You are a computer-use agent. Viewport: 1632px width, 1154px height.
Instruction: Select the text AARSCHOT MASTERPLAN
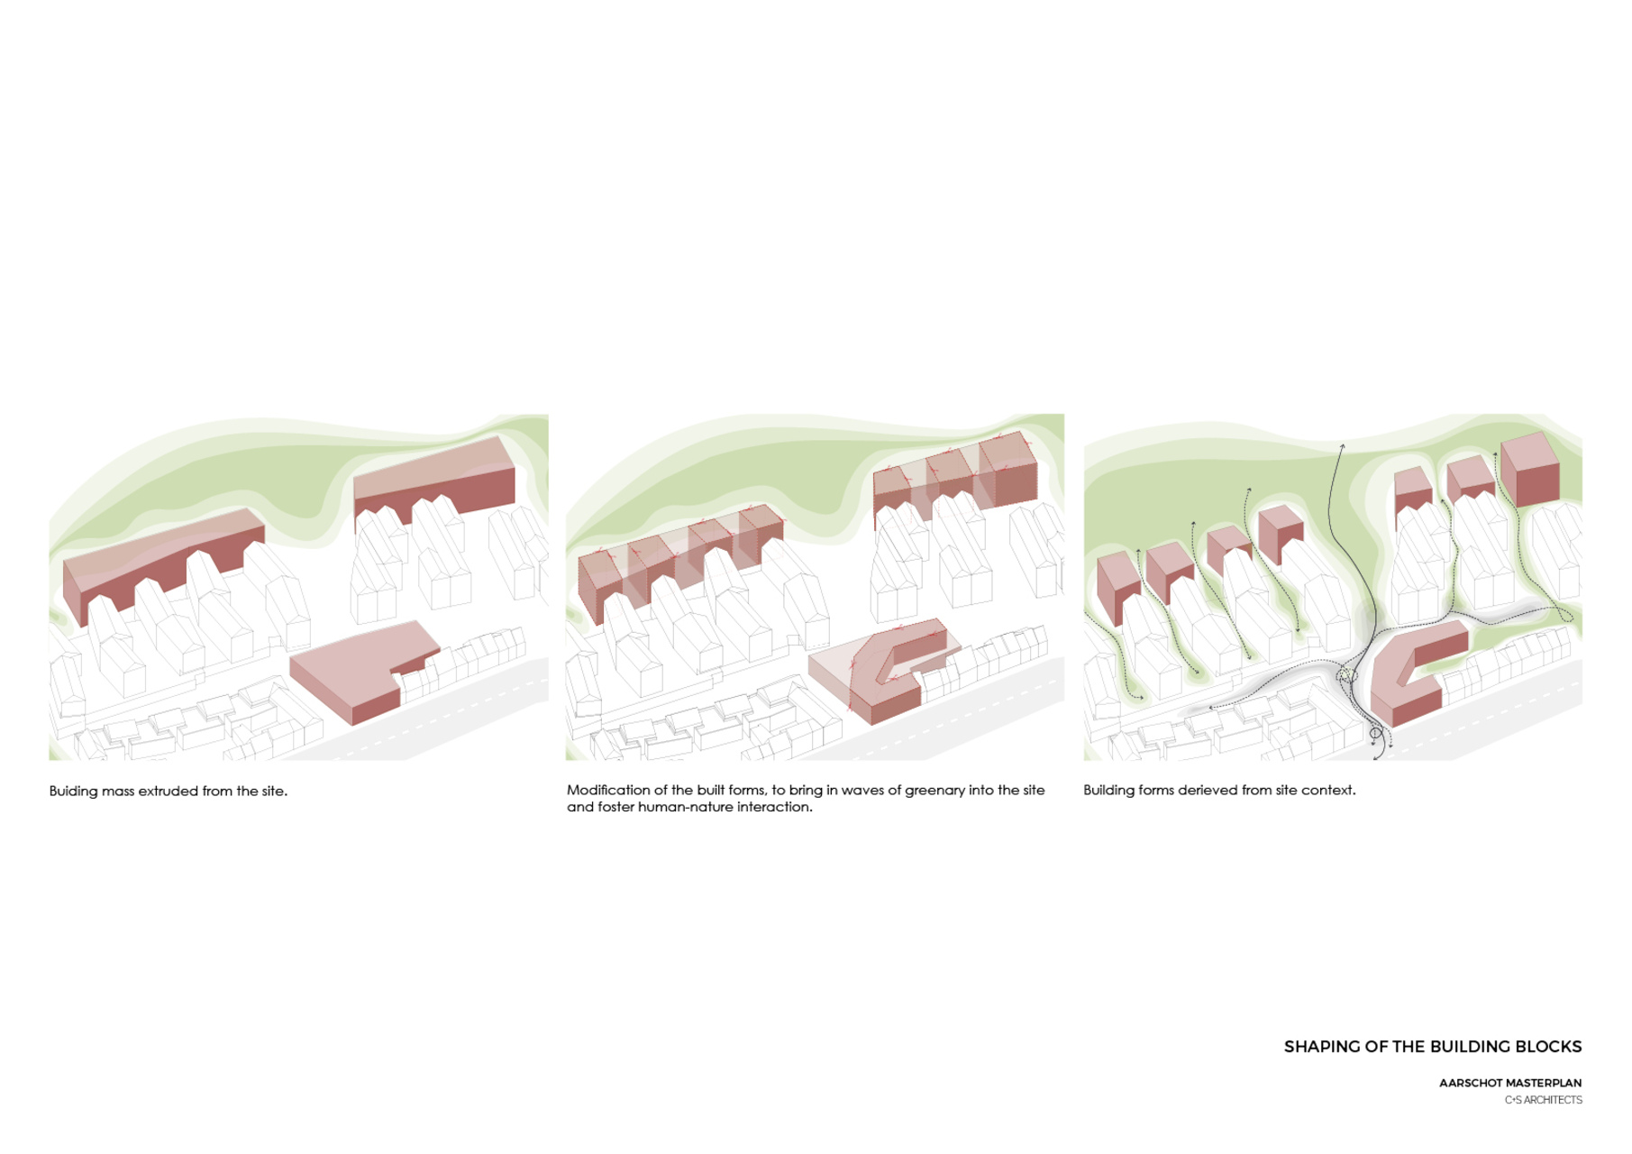tap(1510, 1083)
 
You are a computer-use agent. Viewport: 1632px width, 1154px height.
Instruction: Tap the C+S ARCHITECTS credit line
tap(1544, 1100)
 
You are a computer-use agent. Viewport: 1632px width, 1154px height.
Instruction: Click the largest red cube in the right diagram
tap(1529, 470)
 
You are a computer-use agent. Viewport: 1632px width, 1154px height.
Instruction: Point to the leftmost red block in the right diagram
tap(1118, 586)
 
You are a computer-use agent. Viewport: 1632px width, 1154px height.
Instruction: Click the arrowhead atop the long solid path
tap(1342, 446)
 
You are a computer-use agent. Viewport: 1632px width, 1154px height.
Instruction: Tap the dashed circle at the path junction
tap(1347, 675)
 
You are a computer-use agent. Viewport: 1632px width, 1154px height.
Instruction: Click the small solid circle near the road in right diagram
tap(1375, 734)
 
